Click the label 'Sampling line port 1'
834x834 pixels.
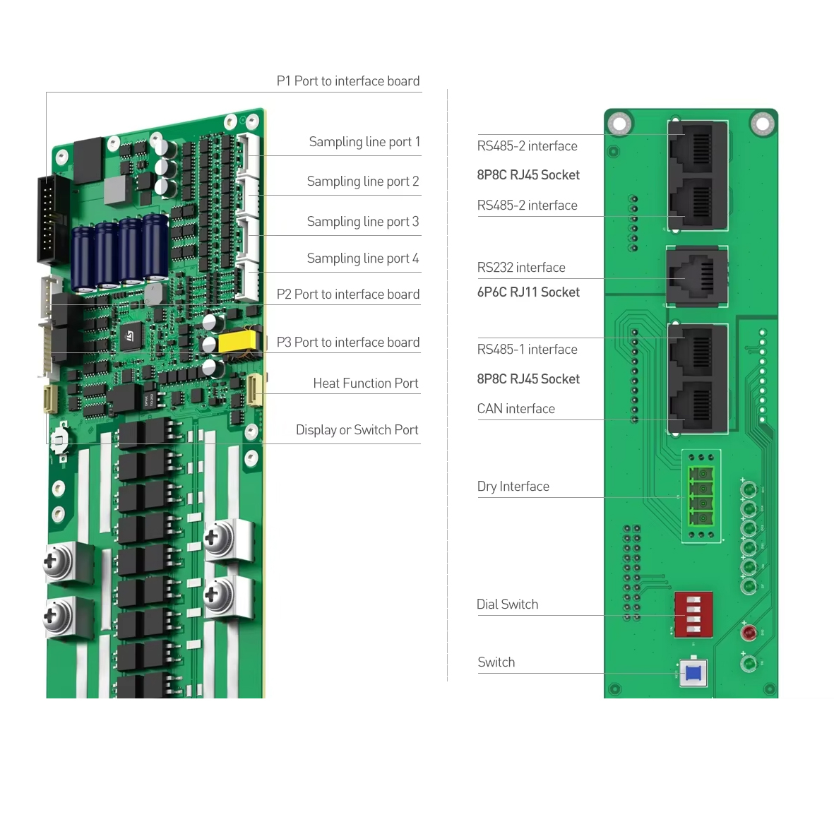coord(364,142)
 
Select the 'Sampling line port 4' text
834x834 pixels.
coord(363,258)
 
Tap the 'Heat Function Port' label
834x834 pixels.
coord(365,383)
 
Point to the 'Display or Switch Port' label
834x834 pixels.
coord(357,430)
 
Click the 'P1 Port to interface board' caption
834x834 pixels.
coord(348,81)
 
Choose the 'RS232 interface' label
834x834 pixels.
coord(521,268)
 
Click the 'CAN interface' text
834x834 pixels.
coord(516,409)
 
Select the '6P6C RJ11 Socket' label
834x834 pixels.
coord(528,292)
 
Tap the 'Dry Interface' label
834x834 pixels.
coord(513,487)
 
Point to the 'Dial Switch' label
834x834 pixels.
coord(507,604)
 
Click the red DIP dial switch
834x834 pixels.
coord(693,614)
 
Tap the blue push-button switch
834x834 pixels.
coord(693,672)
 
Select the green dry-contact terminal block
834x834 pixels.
coord(701,496)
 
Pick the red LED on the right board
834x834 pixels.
coord(749,632)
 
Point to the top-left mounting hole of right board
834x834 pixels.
coord(619,124)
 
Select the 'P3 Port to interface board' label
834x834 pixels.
coord(348,342)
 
